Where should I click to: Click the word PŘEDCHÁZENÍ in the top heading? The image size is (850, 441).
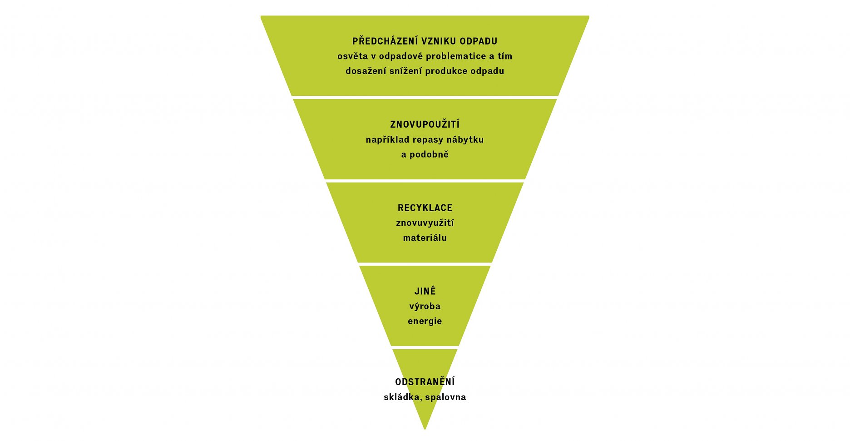385,41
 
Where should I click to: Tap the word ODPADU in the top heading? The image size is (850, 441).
478,41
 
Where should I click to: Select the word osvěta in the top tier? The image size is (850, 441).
352,56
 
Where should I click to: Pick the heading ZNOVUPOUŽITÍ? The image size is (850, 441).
425,124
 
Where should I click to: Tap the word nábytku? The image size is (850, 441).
465,139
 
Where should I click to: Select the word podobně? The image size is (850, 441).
429,154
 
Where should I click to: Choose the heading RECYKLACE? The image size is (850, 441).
425,208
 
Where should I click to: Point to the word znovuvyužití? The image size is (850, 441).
425,223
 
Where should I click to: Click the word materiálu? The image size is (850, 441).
425,238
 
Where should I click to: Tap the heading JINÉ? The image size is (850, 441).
425,291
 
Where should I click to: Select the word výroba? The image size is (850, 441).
425,307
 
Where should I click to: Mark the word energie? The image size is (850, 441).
425,322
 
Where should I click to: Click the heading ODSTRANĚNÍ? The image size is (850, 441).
425,382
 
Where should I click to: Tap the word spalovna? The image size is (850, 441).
445,397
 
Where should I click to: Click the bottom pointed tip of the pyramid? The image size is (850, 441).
425,427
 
